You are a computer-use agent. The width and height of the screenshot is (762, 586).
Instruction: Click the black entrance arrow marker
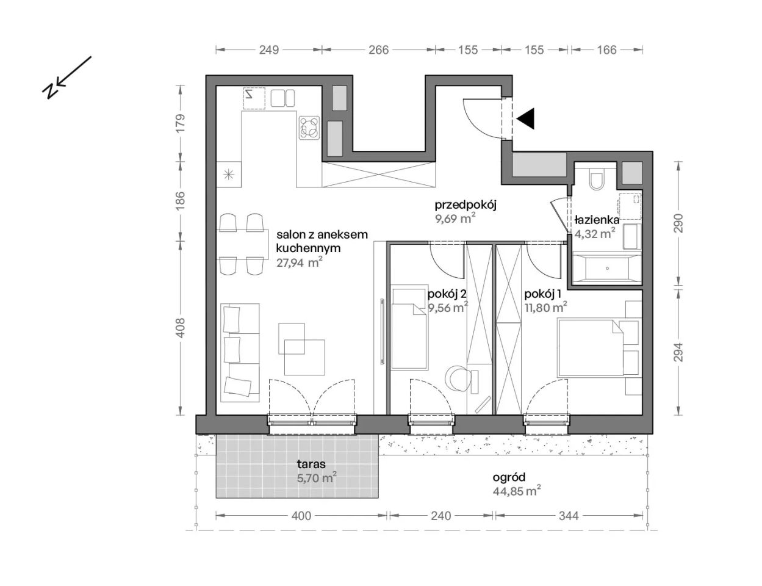[527, 118]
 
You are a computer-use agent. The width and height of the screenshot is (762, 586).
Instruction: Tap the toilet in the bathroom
[596, 179]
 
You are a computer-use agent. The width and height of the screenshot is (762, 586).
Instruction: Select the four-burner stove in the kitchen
[309, 128]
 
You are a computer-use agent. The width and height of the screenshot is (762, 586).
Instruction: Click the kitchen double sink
[282, 98]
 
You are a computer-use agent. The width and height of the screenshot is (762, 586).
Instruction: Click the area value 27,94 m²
[299, 262]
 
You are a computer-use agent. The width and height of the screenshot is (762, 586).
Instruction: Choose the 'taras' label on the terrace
[311, 465]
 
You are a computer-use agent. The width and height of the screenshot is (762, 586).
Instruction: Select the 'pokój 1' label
[542, 295]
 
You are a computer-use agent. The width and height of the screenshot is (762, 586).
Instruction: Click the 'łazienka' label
[597, 220]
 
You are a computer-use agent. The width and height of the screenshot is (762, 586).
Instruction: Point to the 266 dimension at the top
[379, 50]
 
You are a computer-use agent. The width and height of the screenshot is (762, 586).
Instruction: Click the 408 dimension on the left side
[180, 328]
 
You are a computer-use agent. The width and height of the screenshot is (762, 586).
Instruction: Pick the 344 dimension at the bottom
[569, 516]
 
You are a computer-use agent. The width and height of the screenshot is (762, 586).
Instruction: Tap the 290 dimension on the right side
[678, 223]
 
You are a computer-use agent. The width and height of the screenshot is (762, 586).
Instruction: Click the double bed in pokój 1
[591, 347]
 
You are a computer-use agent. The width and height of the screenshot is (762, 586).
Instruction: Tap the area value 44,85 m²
[517, 491]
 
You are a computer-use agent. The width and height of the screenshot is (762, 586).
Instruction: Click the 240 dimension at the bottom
[441, 516]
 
